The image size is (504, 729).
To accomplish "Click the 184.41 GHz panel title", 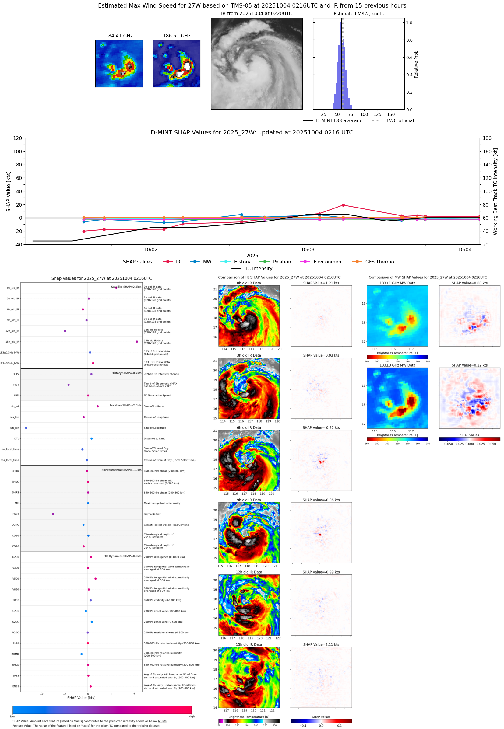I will pyautogui.click(x=119, y=36).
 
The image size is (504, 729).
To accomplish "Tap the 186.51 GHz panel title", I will pyautogui.click(x=177, y=36).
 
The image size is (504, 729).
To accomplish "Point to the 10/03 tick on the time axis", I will pyautogui.click(x=307, y=249).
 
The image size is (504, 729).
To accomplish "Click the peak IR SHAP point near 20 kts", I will pyautogui.click(x=343, y=205).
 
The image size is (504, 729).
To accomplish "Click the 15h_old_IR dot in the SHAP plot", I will pyautogui.click(x=137, y=342).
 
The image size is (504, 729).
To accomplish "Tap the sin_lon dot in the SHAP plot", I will pyautogui.click(x=26, y=428).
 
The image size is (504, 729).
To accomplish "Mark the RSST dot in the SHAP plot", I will pyautogui.click(x=53, y=514).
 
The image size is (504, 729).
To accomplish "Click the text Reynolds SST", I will pyautogui.click(x=152, y=514).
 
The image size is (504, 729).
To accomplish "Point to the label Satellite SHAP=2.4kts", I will pyautogui.click(x=126, y=287).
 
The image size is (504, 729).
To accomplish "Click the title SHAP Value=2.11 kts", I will pyautogui.click(x=321, y=644).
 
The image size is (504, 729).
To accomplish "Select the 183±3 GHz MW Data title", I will pyautogui.click(x=397, y=365).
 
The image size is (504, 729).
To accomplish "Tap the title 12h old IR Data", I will pyautogui.click(x=249, y=572).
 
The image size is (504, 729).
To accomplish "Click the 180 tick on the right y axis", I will pyautogui.click(x=487, y=138).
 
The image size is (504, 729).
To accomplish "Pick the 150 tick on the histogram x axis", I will pyautogui.click(x=391, y=114).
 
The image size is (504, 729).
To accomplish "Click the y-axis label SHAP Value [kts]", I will pyautogui.click(x=9, y=191).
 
